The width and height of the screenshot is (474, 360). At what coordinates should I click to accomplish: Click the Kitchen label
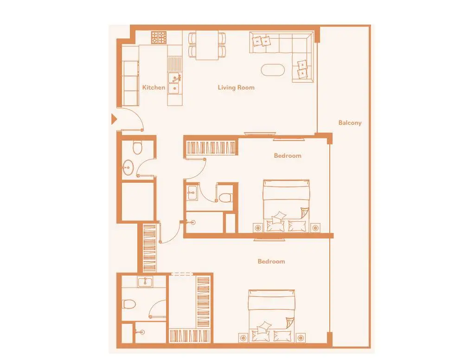coord(154,87)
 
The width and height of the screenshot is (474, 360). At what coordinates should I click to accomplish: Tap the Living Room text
coord(236,87)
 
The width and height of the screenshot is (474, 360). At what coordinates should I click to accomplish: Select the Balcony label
coord(350,123)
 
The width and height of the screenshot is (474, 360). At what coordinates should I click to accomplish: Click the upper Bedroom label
coord(288,156)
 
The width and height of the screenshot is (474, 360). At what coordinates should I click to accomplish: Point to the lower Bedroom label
coord(271,262)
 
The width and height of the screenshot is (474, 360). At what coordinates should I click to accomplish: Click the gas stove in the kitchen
coord(159,38)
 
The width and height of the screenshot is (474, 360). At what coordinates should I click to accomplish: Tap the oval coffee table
coord(273,70)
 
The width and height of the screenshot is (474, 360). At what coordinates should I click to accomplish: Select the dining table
coord(207,45)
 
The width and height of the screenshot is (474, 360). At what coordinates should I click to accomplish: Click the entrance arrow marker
coord(114,119)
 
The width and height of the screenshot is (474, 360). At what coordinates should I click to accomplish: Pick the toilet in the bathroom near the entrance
coord(138,148)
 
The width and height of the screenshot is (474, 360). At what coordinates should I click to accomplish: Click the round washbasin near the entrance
coord(128,167)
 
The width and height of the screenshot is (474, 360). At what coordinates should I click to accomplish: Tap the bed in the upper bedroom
coord(286,206)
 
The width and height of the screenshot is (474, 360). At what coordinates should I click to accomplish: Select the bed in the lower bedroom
coord(271,316)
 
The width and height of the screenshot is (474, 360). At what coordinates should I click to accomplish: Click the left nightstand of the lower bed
coord(243,338)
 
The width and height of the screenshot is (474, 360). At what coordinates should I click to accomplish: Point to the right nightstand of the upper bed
coord(315,228)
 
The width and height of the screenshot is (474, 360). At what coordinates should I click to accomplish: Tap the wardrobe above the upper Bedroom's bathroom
coord(211,148)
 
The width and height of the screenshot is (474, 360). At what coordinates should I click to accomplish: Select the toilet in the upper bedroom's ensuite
coord(225,198)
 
